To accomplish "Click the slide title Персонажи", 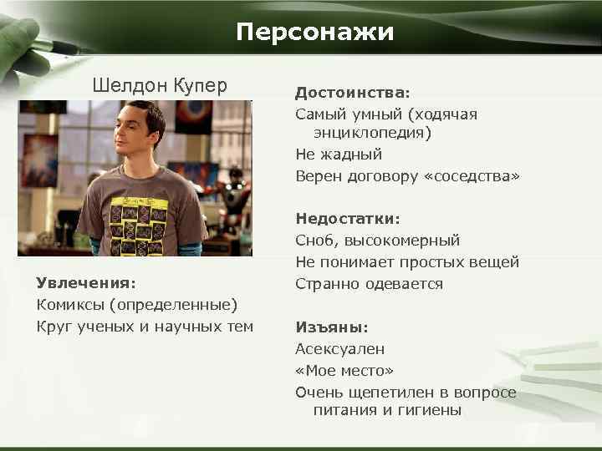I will point(314,32).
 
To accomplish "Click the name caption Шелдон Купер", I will point(159,85).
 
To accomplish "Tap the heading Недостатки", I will point(347,219).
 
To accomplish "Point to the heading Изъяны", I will point(331,327).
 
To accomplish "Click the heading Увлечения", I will point(85,282).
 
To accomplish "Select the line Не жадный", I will point(338,155).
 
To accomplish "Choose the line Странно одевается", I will point(369,284).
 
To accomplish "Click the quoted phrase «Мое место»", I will point(344,371).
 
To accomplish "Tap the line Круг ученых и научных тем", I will point(145,326).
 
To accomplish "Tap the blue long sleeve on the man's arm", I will point(192,247).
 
